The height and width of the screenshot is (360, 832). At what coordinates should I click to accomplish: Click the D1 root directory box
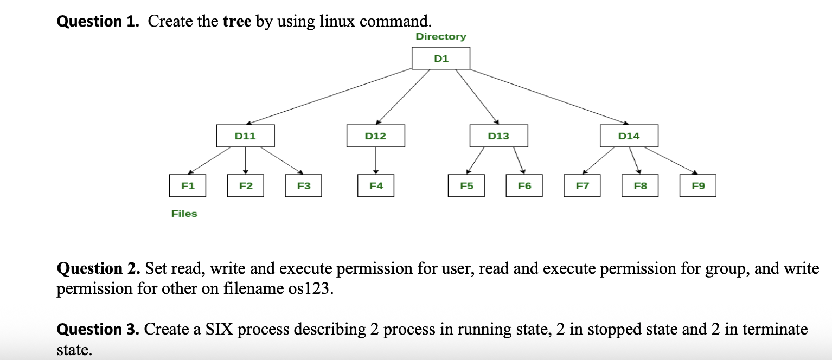pyautogui.click(x=440, y=59)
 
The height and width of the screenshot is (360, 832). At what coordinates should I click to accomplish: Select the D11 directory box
pyautogui.click(x=245, y=136)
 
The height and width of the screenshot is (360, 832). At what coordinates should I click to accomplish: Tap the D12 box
pyautogui.click(x=375, y=136)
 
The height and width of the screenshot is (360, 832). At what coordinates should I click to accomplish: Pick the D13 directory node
pyautogui.click(x=498, y=136)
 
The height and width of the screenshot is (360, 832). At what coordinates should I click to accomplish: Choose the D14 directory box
pyautogui.click(x=629, y=136)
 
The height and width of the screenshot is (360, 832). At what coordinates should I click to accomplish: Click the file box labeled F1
pyautogui.click(x=188, y=185)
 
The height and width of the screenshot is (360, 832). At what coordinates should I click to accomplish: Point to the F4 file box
pyautogui.click(x=376, y=185)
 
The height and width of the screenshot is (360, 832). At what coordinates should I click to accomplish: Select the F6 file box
pyautogui.click(x=524, y=185)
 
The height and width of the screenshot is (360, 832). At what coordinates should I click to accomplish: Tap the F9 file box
pyautogui.click(x=698, y=185)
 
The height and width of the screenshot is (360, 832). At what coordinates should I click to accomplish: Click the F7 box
pyautogui.click(x=582, y=185)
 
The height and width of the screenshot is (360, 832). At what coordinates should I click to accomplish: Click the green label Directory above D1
pyautogui.click(x=440, y=36)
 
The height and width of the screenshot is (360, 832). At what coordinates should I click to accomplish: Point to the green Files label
pyautogui.click(x=184, y=214)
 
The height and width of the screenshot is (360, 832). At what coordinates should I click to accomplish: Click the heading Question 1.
pyautogui.click(x=99, y=21)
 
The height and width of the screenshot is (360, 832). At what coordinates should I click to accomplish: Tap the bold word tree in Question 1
pyautogui.click(x=237, y=21)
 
